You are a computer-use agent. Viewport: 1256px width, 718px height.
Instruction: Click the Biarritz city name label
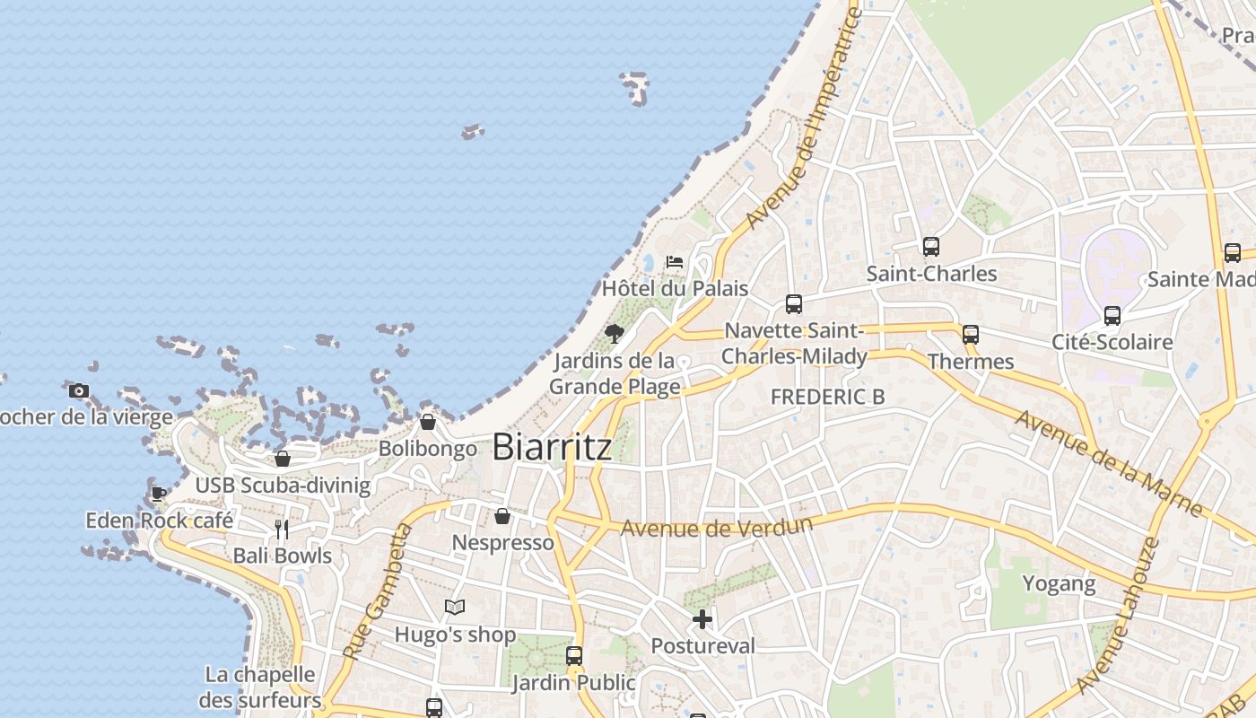click(x=552, y=446)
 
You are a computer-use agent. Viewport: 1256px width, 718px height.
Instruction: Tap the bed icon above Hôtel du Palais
click(x=675, y=262)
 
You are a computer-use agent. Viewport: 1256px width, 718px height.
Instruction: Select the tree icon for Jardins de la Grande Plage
click(x=615, y=335)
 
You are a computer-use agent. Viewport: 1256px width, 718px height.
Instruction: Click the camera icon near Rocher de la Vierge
click(x=79, y=390)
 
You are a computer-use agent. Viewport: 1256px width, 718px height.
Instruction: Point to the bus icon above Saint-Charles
click(x=931, y=246)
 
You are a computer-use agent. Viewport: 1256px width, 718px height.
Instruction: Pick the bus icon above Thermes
click(x=971, y=335)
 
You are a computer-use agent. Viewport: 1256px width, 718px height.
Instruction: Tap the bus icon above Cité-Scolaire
click(x=1112, y=315)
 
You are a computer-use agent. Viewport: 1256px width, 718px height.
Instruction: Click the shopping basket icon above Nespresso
click(x=502, y=516)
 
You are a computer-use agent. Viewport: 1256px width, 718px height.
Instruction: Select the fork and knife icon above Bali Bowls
click(x=282, y=529)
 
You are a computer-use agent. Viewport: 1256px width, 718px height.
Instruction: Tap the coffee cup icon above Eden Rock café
click(x=159, y=494)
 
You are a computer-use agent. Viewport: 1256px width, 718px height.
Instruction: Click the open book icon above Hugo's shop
click(x=455, y=608)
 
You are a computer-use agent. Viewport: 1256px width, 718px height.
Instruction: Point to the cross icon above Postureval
click(x=702, y=619)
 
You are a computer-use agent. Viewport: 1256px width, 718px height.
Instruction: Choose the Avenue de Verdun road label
click(x=717, y=527)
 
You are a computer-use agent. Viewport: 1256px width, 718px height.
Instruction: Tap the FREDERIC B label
click(x=827, y=397)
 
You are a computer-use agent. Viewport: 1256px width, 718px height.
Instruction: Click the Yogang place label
click(x=1060, y=584)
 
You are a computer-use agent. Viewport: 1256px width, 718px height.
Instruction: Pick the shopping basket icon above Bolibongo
click(x=428, y=422)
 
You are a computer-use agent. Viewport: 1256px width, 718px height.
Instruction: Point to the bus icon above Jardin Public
click(x=574, y=656)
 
